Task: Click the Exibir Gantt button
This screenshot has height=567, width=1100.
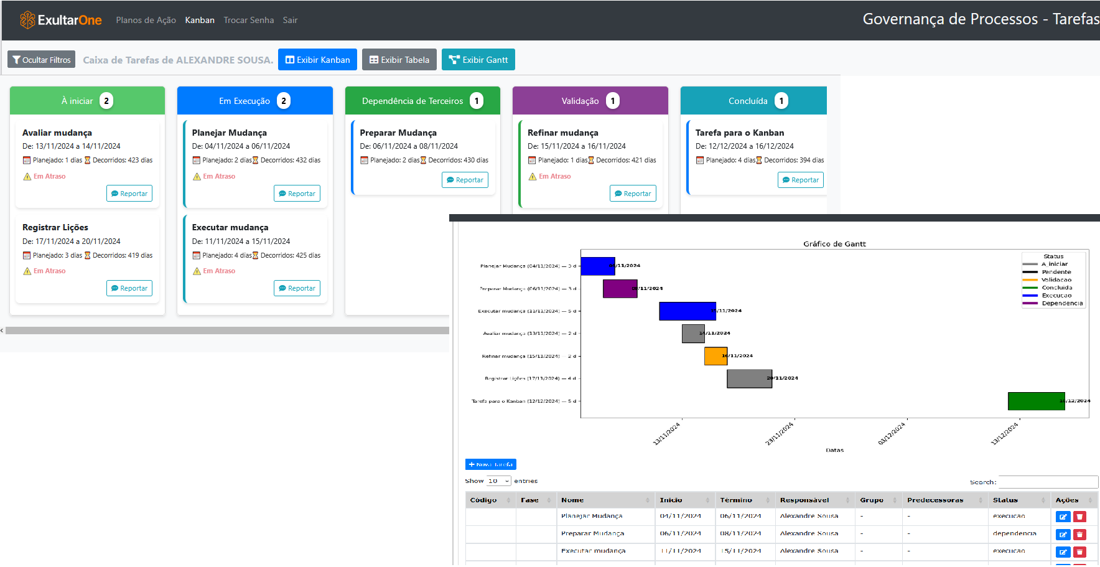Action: tap(478, 60)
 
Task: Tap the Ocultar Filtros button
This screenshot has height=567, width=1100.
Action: tap(41, 60)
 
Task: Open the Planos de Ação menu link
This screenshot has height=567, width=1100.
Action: tap(146, 20)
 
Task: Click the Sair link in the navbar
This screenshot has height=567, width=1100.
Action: tap(290, 20)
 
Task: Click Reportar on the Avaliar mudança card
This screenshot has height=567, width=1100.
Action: tap(129, 194)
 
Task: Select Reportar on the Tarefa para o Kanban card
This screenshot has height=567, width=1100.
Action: tap(800, 180)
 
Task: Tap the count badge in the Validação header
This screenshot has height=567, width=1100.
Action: tap(613, 101)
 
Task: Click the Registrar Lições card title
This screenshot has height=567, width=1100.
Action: tap(55, 227)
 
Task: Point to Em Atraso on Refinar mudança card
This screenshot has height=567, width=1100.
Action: tap(554, 176)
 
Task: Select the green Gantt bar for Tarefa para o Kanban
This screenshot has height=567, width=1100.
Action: tap(1036, 401)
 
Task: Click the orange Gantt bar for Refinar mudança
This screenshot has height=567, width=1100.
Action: tap(715, 356)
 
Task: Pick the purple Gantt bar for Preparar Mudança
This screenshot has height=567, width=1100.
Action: tap(620, 288)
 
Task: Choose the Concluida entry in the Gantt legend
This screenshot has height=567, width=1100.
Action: tap(1056, 288)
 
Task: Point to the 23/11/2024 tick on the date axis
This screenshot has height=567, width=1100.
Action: tap(780, 433)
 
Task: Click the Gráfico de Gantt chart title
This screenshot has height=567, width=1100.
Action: tap(834, 244)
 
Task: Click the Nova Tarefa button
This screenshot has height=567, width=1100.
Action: tap(490, 464)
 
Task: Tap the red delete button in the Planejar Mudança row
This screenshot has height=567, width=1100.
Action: tap(1079, 517)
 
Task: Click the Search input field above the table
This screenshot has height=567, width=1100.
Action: tap(1048, 482)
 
